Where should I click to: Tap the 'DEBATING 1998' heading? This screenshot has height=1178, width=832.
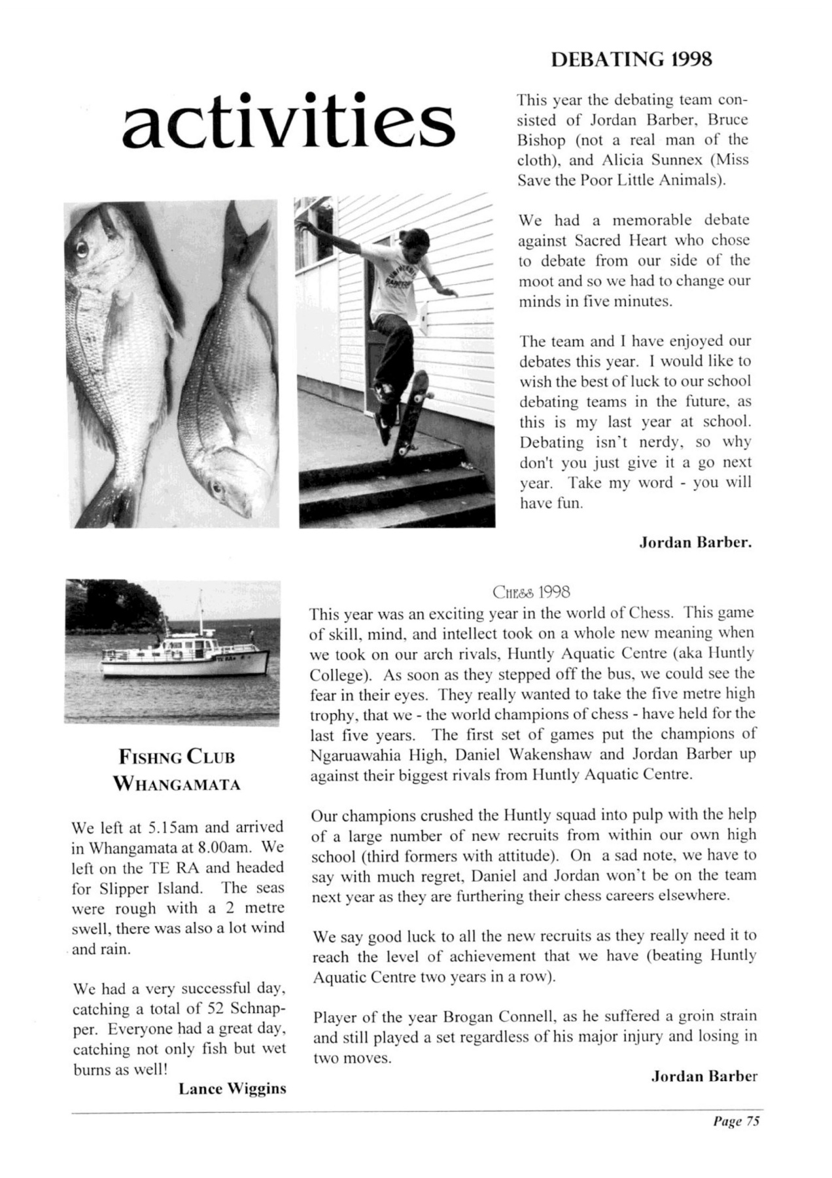click(x=631, y=60)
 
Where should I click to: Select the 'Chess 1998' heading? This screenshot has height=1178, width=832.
click(x=531, y=593)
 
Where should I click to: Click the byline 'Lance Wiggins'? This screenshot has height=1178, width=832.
click(x=232, y=1089)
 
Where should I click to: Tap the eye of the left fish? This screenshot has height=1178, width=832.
click(x=81, y=249)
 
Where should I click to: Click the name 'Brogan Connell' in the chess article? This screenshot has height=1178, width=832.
click(x=498, y=1018)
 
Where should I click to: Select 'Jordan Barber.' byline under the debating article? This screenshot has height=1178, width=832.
click(x=694, y=543)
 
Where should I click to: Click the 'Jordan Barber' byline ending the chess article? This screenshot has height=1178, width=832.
click(x=704, y=1076)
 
